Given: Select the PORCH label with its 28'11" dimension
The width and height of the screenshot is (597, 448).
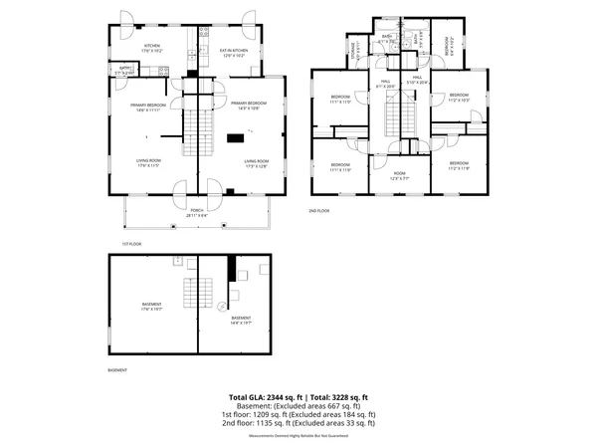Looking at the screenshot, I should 197,212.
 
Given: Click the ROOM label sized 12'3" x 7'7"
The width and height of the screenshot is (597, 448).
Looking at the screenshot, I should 398,175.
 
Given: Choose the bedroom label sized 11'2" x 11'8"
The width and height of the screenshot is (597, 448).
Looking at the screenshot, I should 458,165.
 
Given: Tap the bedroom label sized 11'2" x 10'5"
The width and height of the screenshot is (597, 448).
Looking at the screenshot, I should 458,98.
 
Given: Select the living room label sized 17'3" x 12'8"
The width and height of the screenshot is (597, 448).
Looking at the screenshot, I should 257,162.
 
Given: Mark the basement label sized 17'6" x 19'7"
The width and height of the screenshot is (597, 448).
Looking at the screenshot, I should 151,307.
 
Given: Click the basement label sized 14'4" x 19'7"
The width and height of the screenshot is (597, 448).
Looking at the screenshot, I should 241,320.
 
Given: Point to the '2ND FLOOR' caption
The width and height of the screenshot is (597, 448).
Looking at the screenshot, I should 320,212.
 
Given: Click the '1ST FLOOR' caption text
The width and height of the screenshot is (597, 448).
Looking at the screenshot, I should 133,242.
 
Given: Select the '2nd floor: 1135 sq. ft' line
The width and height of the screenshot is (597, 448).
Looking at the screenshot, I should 298,422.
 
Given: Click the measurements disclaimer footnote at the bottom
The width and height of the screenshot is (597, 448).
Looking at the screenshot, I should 298,431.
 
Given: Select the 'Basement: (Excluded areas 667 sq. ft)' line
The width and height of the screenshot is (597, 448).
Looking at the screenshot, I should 298,406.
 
